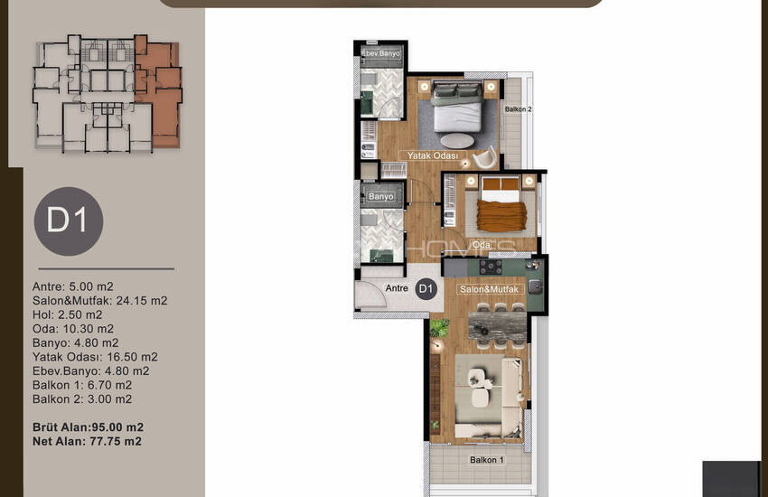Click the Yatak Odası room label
tap(433, 155)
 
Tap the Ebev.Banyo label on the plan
tap(381, 53)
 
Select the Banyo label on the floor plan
tap(381, 196)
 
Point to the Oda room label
tap(482, 244)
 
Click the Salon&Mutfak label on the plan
tap(489, 289)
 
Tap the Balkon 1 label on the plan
tap(486, 460)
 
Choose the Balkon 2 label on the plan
tap(519, 109)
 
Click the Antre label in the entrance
tap(397, 288)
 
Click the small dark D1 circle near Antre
tap(426, 289)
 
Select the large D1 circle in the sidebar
tap(69, 221)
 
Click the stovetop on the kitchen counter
tap(491, 267)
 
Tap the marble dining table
tap(497, 326)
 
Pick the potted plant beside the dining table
tap(439, 328)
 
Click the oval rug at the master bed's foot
tap(457, 141)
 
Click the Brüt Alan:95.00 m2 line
tap(89, 427)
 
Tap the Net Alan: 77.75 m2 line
tap(87, 441)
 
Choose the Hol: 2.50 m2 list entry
tap(68, 314)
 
